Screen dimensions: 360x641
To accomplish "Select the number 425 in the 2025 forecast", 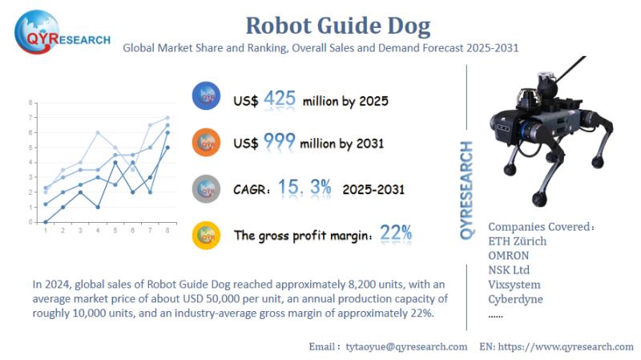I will (x=280, y=99).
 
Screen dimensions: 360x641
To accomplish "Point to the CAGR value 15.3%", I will (x=305, y=188).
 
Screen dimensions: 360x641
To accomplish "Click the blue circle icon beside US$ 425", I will (x=208, y=98).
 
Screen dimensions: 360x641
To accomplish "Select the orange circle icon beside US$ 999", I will (x=208, y=143).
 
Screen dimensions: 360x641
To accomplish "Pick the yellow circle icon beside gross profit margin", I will (x=208, y=235).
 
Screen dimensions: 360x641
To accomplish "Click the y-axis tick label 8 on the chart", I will (x=30, y=103).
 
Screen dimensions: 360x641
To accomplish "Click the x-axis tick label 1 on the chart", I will (x=46, y=230).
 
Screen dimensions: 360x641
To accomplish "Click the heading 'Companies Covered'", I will (x=540, y=226).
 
